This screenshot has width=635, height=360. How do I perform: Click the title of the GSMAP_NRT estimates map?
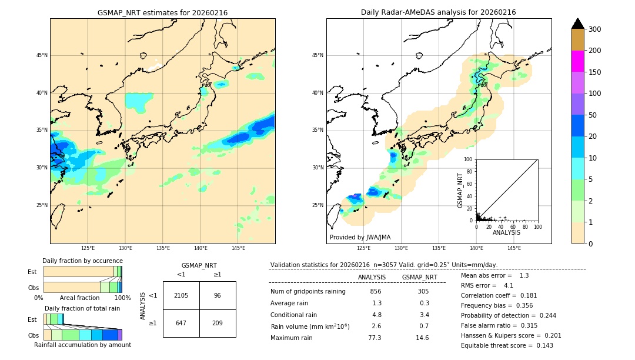point(162,12)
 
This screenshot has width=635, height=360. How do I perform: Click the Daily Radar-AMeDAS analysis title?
point(438,12)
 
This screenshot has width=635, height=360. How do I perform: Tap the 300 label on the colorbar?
point(596,29)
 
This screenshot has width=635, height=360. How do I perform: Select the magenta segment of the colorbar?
point(578,61)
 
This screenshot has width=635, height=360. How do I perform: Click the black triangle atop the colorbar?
point(578,24)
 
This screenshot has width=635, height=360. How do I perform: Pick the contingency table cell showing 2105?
point(181,295)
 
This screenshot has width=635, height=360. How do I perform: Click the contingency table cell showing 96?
point(218,295)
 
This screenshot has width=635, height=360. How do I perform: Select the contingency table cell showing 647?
point(181,323)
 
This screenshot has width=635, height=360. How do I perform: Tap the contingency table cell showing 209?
point(218,323)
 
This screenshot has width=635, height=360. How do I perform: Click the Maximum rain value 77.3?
point(375,338)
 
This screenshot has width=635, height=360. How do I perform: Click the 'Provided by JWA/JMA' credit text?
point(360,237)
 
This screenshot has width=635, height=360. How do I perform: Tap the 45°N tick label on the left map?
point(42,55)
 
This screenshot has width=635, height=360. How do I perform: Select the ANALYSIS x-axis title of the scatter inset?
point(506,232)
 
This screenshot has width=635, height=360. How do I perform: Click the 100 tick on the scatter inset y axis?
point(469,159)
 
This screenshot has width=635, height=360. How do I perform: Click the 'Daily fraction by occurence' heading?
point(82,261)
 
